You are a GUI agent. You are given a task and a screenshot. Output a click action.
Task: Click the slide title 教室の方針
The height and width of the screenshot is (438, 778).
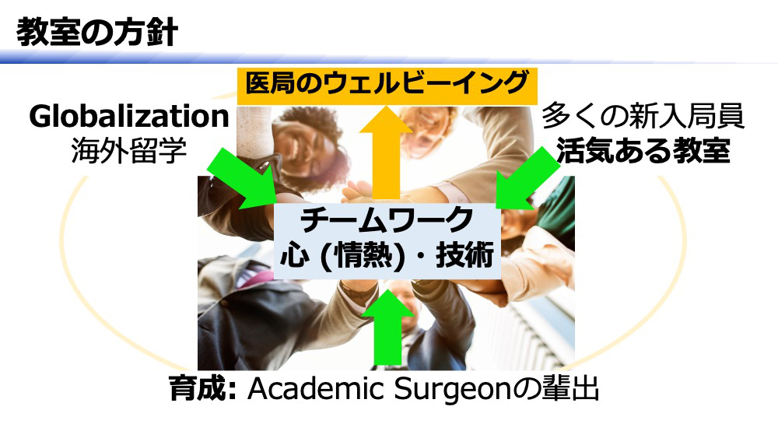tap(97, 33)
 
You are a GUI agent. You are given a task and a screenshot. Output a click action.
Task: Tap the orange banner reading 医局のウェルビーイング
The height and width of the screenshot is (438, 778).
tap(387, 86)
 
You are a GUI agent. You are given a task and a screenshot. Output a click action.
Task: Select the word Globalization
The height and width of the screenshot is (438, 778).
tap(129, 116)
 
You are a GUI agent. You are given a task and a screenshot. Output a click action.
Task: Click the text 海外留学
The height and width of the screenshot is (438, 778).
tap(129, 150)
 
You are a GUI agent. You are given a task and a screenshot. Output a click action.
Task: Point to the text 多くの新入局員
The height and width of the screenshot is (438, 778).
tap(643, 116)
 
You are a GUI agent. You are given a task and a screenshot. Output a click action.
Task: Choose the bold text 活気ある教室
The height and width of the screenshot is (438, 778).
tap(643, 150)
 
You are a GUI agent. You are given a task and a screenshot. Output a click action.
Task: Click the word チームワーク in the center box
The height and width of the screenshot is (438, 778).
tap(387, 220)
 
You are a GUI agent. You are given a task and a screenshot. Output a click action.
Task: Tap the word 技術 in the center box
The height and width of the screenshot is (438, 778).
tap(465, 256)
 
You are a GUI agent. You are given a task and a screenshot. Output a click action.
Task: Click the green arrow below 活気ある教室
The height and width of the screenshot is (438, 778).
tap(527, 180)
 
